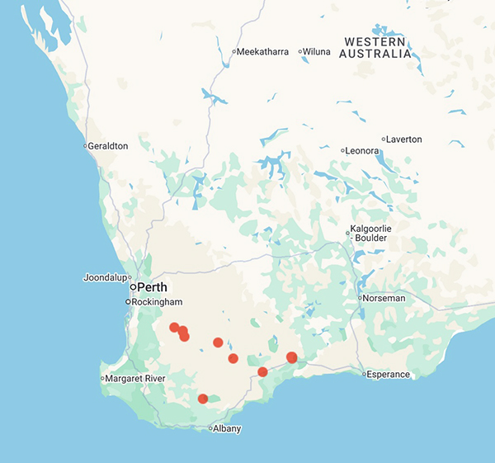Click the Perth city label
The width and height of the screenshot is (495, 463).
coord(152,287)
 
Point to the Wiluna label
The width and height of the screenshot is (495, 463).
coord(317,51)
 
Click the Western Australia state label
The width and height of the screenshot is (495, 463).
coord(377,48)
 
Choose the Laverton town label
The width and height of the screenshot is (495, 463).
coord(404,139)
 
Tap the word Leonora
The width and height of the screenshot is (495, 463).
coord(363,151)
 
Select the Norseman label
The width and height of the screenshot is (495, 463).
coord(384,298)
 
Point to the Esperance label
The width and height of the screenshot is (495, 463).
coord(389,375)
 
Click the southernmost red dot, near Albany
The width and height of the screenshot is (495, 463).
coord(203,399)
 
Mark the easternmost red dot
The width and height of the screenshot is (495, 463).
coord(291,357)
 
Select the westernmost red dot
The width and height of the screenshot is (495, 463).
coord(174,328)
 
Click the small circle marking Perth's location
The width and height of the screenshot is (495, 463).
coord(133,287)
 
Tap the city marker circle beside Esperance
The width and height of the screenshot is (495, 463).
coord(364,375)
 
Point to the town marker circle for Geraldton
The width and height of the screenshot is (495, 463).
coord(85,146)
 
